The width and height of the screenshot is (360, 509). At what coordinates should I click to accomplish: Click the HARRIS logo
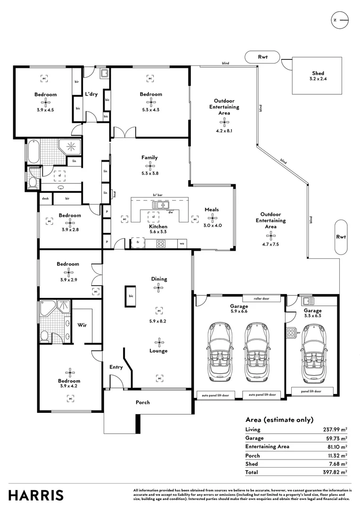pos(36,495)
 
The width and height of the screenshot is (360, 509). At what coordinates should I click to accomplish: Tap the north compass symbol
pos(340,20)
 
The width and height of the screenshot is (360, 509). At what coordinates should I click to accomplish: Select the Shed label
pos(318,73)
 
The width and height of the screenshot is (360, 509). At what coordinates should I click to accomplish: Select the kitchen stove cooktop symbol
pos(161,244)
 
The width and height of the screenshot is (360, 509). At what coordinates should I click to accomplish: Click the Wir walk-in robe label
pos(82,325)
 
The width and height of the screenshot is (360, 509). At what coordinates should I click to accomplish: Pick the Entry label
pos(116,367)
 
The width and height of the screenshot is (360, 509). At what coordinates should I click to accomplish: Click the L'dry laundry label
pos(91,94)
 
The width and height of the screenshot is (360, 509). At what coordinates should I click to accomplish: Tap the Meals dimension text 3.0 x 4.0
pos(213,225)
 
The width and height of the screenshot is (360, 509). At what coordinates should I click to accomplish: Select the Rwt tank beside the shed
pos(262,57)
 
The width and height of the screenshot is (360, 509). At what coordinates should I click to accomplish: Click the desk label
pos(45,199)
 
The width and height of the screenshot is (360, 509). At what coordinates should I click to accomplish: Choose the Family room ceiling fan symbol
pos(149,165)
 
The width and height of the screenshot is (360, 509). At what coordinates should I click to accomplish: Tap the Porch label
pos(143,402)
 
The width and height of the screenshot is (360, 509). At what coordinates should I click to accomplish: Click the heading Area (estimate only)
pos(279,420)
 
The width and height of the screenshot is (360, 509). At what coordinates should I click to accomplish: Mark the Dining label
pos(159,279)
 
